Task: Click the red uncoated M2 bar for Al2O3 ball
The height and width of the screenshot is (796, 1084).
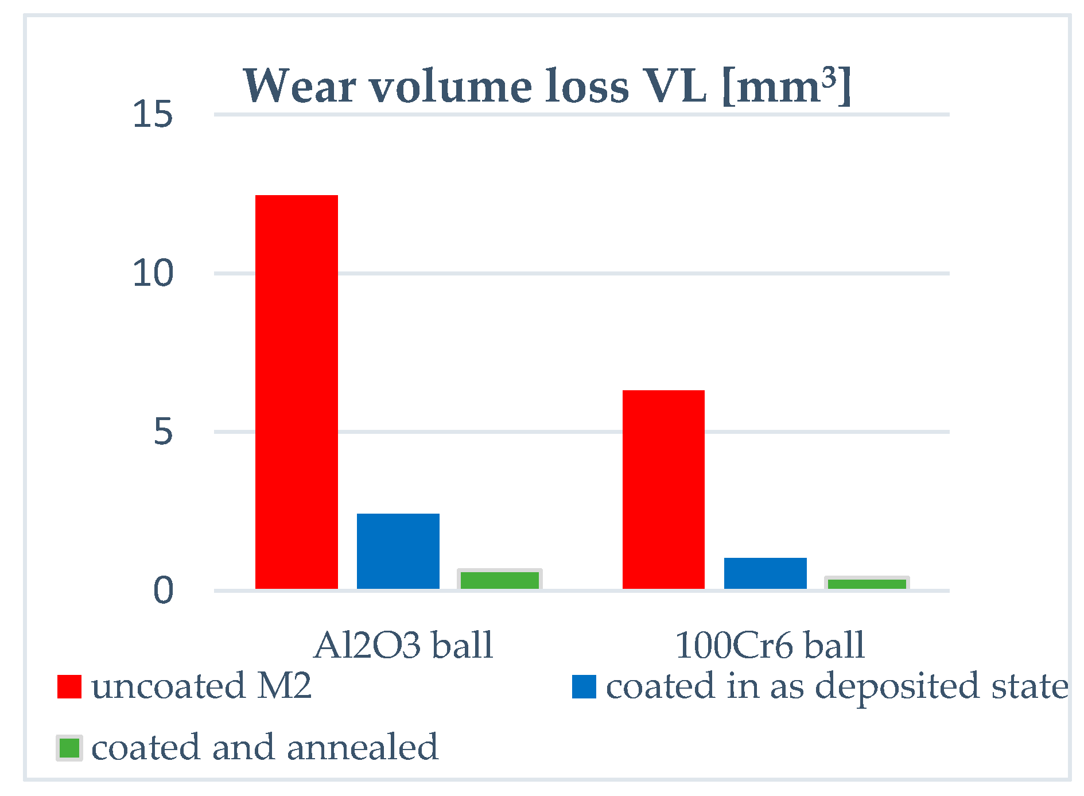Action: click(x=296, y=392)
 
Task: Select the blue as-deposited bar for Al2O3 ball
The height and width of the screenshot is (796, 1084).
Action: click(x=398, y=551)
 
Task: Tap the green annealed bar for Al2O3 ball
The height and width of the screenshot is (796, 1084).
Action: click(x=500, y=580)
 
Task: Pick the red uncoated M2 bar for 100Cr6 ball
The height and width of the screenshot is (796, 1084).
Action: click(x=663, y=490)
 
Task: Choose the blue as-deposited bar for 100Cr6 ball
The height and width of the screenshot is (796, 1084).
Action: click(x=765, y=573)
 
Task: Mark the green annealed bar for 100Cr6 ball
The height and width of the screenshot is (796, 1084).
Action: click(x=867, y=584)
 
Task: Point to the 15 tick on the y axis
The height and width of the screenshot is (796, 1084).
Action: click(x=152, y=114)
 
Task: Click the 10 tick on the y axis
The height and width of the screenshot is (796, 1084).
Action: click(x=152, y=273)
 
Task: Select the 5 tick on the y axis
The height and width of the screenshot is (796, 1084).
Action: click(x=162, y=432)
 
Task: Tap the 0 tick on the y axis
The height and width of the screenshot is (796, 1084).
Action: click(x=162, y=591)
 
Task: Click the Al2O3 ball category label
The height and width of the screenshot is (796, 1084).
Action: click(x=403, y=645)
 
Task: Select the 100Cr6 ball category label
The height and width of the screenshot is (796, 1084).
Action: click(x=770, y=645)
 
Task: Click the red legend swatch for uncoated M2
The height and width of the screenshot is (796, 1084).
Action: click(x=69, y=686)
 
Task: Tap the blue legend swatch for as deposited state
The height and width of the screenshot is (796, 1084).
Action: click(x=584, y=686)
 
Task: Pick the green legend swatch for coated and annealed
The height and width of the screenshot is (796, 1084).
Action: click(x=69, y=748)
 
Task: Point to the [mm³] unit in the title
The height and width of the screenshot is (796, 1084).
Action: click(x=786, y=86)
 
